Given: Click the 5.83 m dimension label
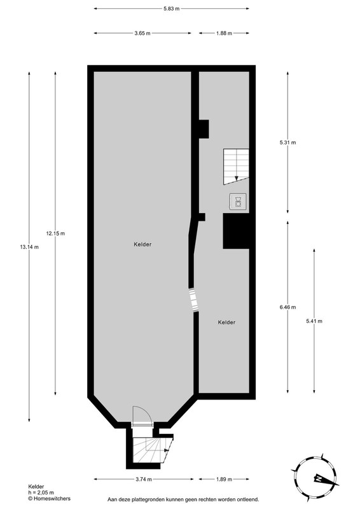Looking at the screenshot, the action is [x=171, y=9].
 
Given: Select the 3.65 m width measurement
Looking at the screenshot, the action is [x=142, y=33].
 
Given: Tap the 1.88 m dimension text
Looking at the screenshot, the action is [x=224, y=33].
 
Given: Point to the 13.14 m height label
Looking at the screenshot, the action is [x=29, y=247].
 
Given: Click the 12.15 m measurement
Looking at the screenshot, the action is [x=55, y=233].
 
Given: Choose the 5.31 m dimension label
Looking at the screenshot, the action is [x=287, y=142].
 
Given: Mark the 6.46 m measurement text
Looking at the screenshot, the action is [x=287, y=307].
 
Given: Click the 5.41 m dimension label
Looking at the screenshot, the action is [x=314, y=321].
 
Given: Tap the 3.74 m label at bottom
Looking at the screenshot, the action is [x=144, y=479].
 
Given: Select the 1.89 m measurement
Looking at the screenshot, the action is [x=224, y=479].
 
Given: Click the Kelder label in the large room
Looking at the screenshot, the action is [x=142, y=244].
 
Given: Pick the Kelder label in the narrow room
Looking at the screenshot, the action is [x=226, y=323].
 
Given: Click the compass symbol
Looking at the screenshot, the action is [x=315, y=478].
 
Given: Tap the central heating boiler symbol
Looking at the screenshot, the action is [x=238, y=201].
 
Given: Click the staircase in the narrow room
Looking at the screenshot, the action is [x=236, y=167].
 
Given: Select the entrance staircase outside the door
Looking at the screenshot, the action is [x=153, y=449].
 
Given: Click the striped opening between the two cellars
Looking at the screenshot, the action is [x=194, y=300].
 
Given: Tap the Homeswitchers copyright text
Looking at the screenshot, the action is [x=49, y=498].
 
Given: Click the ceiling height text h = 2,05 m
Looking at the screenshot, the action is [x=41, y=492].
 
